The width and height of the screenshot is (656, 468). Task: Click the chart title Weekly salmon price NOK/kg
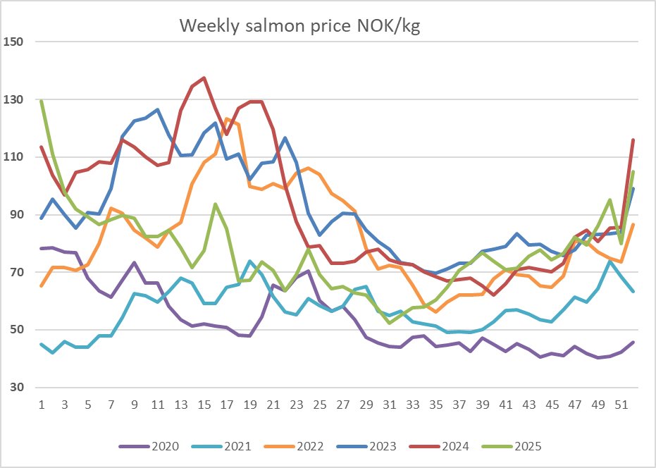(x=300, y=26)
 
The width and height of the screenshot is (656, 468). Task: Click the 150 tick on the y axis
(x=14, y=42)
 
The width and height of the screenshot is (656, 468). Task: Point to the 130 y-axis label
(x=14, y=99)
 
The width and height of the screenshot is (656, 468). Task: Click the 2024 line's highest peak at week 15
(x=204, y=78)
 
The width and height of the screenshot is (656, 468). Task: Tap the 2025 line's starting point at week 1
(x=42, y=101)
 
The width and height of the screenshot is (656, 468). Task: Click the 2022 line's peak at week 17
(x=227, y=119)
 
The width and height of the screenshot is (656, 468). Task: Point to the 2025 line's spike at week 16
(x=216, y=204)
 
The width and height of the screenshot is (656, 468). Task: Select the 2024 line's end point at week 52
(x=633, y=140)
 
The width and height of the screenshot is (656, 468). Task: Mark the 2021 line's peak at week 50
(x=609, y=261)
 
